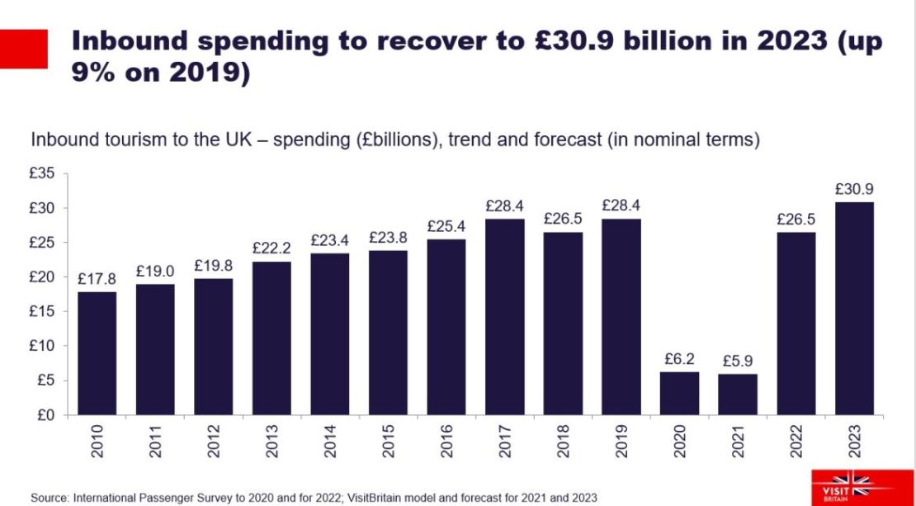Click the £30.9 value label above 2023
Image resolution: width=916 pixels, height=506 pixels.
[853, 189]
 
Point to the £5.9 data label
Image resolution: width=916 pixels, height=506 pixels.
[737, 361]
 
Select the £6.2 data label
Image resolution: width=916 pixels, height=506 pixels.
[679, 358]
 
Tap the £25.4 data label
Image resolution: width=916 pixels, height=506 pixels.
[446, 226]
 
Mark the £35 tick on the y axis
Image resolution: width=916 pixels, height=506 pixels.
[42, 173]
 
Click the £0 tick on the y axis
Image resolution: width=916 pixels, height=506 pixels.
[45, 414]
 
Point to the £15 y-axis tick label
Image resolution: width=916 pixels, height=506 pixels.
[42, 311]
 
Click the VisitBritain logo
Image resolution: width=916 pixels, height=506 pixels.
[849, 485]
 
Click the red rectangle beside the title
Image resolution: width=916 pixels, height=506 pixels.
[23, 49]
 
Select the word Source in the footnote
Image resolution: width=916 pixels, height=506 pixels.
[50, 497]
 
